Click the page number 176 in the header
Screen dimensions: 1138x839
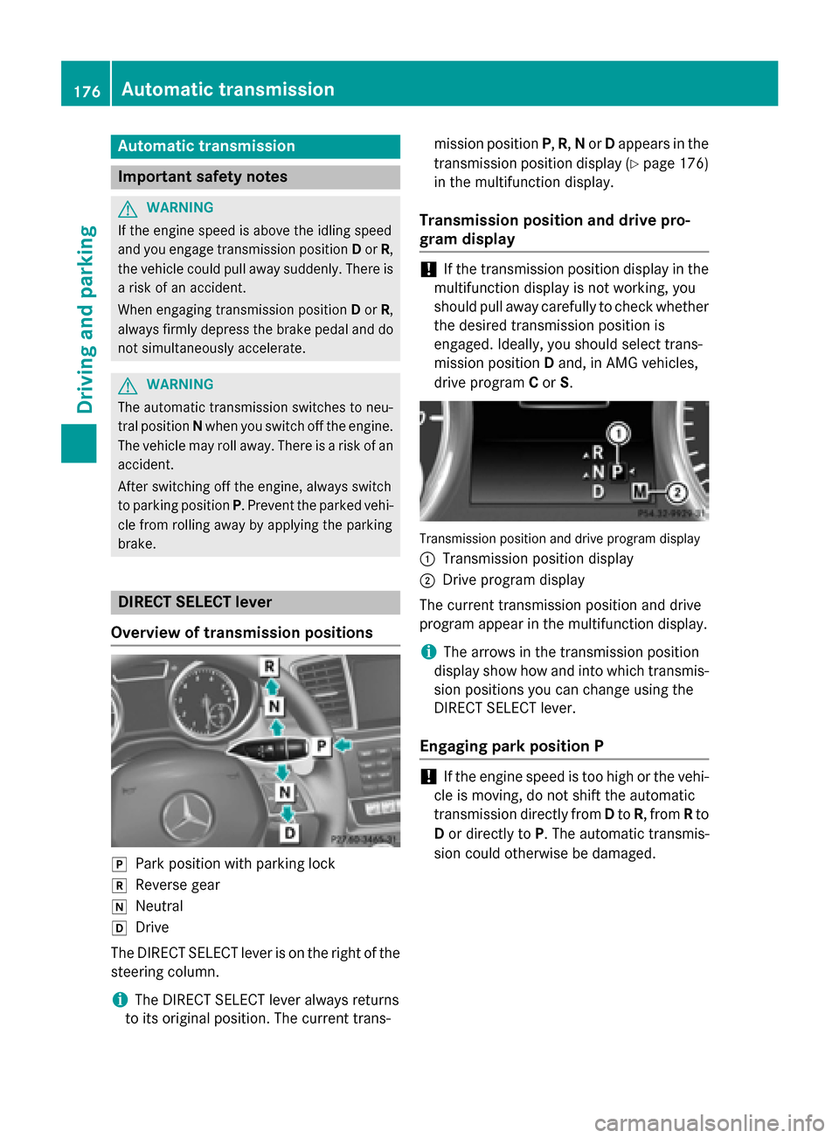click(x=87, y=91)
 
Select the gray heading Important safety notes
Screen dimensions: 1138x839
click(x=202, y=177)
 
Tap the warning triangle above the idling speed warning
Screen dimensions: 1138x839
click(x=128, y=208)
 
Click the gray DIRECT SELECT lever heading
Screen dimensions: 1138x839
click(x=195, y=602)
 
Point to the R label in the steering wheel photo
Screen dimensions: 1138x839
click(x=270, y=666)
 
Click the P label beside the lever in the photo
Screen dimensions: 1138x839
click(x=321, y=746)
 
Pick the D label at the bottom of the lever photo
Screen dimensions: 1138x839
click(x=289, y=833)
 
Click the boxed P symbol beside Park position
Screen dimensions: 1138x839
click(x=119, y=864)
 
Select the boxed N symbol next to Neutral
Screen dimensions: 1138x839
click(x=119, y=907)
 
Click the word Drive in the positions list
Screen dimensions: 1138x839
click(x=152, y=927)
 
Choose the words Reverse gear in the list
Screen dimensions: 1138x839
click(x=177, y=885)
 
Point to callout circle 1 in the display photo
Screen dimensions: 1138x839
click(x=618, y=434)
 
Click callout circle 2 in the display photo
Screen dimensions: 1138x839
click(x=676, y=493)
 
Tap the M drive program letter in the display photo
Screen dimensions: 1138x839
click(x=641, y=493)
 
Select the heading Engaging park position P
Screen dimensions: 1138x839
click(x=511, y=746)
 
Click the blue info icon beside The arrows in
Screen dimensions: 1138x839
click(x=427, y=652)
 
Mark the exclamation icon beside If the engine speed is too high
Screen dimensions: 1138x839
click(x=427, y=777)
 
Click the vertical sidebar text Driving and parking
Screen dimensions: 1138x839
click(x=86, y=320)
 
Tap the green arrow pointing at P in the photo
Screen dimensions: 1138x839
click(x=343, y=746)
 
